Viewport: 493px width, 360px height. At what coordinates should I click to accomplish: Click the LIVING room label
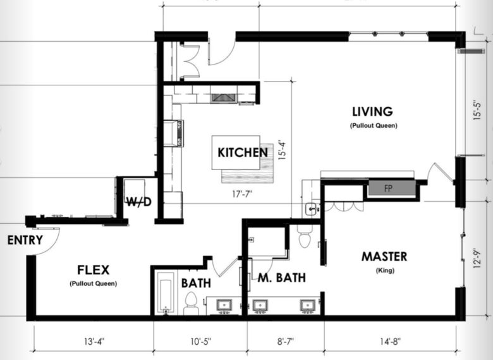pos(372,111)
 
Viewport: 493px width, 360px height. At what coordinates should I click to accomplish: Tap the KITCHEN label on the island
pos(243,152)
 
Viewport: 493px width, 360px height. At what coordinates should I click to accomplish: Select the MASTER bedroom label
pos(384,256)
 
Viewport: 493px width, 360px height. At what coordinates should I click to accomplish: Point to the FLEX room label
pos(94,270)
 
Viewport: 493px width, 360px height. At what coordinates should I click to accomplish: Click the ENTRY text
pos(25,240)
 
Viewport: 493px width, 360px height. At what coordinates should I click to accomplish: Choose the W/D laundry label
pos(138,202)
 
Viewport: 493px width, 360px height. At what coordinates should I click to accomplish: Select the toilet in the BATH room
pos(191,303)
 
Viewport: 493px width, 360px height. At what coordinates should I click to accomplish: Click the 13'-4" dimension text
pos(94,342)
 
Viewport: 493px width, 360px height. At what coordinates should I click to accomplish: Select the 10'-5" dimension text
pos(201,342)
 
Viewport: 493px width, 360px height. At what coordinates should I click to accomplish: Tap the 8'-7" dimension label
pos(286,342)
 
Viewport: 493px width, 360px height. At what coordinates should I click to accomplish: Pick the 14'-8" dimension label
pos(390,342)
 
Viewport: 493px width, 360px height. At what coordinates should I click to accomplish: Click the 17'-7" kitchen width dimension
pos(242,194)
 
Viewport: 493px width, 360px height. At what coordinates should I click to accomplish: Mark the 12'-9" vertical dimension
pos(477,259)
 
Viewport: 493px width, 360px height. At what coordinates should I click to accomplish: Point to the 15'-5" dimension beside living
pos(477,110)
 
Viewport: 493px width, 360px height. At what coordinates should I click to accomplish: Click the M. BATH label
pos(282,278)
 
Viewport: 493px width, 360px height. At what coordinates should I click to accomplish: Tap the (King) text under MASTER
pos(385,270)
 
